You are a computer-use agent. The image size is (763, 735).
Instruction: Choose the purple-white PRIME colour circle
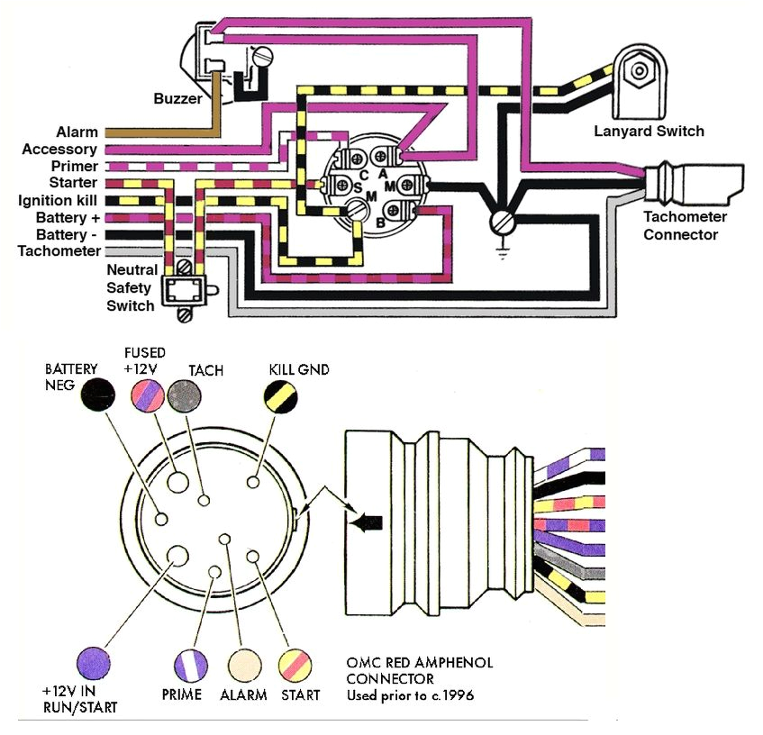(191, 664)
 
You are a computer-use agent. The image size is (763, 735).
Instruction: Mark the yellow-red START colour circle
(297, 665)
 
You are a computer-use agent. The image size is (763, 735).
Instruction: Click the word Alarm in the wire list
(77, 132)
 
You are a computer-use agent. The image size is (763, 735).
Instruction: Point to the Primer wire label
(74, 167)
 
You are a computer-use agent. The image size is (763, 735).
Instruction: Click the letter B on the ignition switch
(382, 220)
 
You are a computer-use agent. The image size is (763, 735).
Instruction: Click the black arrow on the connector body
(370, 522)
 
